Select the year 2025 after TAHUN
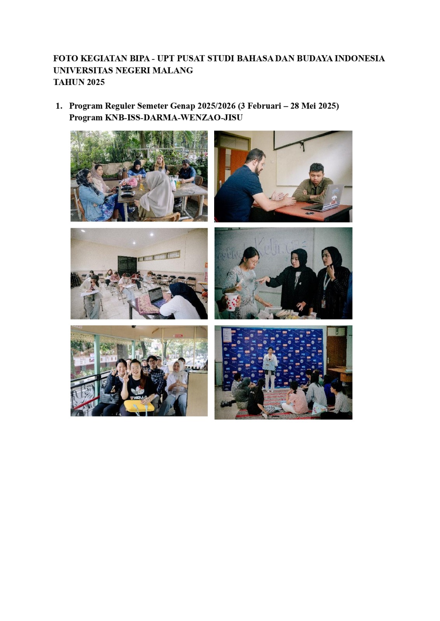click(x=95, y=82)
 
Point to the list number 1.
click(x=59, y=106)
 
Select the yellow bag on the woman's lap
click(x=139, y=406)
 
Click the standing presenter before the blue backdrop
click(x=270, y=369)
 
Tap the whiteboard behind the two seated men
click(x=314, y=158)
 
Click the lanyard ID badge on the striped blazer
click(x=323, y=303)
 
